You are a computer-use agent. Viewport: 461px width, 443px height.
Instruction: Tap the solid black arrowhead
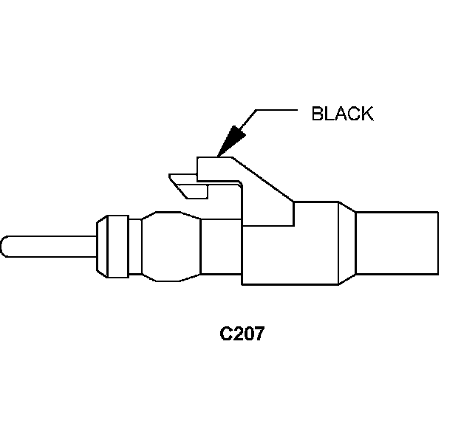pyautogui.click(x=233, y=140)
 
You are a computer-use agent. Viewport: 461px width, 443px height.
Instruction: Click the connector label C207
pyautogui.click(x=242, y=333)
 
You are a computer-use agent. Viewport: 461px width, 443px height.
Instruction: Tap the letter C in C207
pyautogui.click(x=226, y=333)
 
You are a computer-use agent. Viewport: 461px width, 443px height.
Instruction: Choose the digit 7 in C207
pyautogui.click(x=259, y=333)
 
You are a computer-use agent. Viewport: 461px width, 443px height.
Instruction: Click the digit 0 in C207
pyautogui.click(x=247, y=333)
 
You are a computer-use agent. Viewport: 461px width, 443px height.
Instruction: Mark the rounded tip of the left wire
pyautogui.click(x=5, y=247)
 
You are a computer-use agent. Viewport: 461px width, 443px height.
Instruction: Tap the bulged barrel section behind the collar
pyautogui.click(x=171, y=247)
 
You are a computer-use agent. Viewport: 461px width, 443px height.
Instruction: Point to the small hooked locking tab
pyautogui.click(x=188, y=185)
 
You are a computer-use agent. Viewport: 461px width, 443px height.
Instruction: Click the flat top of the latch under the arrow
pyautogui.click(x=214, y=159)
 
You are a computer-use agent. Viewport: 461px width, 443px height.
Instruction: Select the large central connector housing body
pyautogui.click(x=288, y=247)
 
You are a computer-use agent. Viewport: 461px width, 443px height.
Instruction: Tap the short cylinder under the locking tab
pyautogui.click(x=222, y=249)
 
